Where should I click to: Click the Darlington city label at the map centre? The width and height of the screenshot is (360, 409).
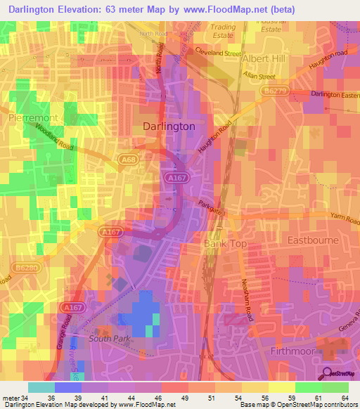169,126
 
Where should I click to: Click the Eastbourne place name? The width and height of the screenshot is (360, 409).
314,240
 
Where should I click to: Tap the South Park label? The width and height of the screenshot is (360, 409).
106,339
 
